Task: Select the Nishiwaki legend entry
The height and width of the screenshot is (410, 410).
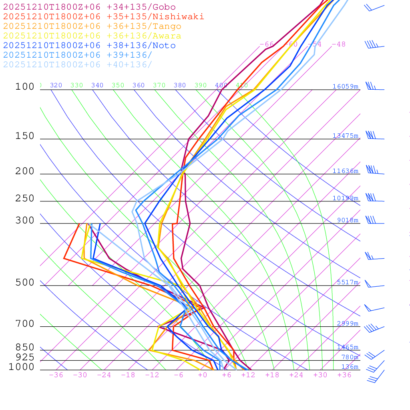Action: [x=103, y=17]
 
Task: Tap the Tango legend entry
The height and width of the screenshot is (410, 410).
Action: [x=92, y=26]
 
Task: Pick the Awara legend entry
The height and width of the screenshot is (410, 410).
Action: [x=92, y=36]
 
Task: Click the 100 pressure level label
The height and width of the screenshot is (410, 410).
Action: [x=25, y=87]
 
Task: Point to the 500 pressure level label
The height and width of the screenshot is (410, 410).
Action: [x=25, y=283]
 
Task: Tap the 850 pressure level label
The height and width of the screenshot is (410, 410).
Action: [x=25, y=347]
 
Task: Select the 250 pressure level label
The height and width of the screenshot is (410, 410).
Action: [x=25, y=199]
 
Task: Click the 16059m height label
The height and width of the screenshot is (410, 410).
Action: [x=345, y=86]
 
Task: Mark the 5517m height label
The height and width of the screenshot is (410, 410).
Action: [x=348, y=282]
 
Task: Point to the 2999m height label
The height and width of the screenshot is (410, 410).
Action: [x=348, y=324]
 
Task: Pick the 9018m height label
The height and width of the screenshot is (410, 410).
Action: [x=348, y=220]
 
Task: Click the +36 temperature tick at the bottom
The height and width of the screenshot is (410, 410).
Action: [x=344, y=375]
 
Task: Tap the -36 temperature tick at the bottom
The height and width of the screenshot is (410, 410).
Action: [x=56, y=375]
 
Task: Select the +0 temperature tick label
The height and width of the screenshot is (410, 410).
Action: [x=203, y=375]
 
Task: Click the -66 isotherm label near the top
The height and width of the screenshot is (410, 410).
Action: [x=267, y=44]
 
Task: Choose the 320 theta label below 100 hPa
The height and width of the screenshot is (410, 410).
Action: [x=56, y=85]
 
